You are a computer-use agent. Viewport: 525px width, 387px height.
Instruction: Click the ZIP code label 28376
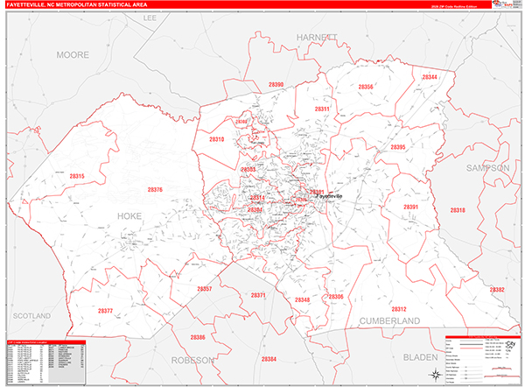(155, 190)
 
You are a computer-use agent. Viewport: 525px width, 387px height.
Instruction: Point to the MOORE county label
(73, 54)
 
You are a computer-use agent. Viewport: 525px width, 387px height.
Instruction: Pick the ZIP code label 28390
(276, 84)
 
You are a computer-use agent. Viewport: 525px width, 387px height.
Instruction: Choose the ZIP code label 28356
(366, 87)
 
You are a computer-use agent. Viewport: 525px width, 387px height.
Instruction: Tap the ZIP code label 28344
(430, 77)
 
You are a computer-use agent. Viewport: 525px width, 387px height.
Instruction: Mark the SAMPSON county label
(487, 167)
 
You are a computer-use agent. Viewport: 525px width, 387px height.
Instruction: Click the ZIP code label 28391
(411, 207)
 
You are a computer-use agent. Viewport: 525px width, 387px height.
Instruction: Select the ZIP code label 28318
(457, 211)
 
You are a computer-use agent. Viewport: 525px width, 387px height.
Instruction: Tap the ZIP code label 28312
(398, 309)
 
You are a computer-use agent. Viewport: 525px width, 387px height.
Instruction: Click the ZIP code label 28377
(105, 311)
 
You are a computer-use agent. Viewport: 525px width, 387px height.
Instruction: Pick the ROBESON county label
(192, 359)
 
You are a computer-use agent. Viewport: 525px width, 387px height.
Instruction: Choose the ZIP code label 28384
(268, 359)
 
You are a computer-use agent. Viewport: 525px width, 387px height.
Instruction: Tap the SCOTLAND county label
(31, 292)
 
